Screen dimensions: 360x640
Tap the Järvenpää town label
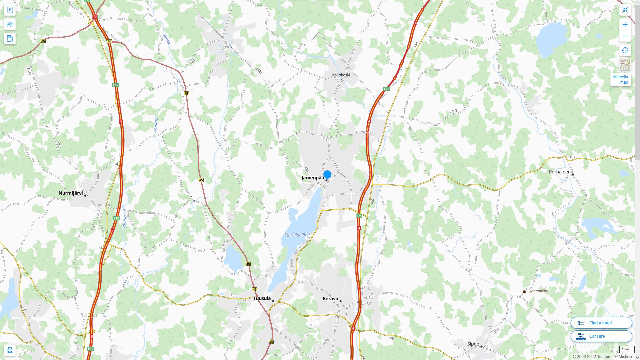point(312,178)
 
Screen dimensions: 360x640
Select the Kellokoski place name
point(341,75)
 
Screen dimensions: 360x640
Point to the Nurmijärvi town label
point(71,193)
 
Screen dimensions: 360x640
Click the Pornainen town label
point(560,172)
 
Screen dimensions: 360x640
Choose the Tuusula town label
point(262,298)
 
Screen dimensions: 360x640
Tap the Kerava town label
point(330,299)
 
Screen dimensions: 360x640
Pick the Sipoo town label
point(473,344)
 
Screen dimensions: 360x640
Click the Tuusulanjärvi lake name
point(297,235)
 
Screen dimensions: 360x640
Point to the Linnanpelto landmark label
point(538,291)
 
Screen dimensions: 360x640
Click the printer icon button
point(10,350)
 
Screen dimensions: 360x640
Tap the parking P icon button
point(10,10)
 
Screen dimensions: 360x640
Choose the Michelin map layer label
point(620,80)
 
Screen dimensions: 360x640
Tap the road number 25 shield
point(43,41)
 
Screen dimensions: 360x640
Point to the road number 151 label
point(572,157)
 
